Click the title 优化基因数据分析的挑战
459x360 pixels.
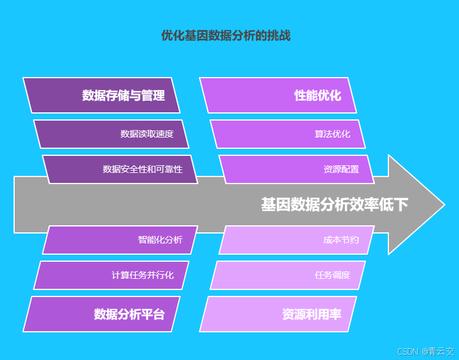point(226,36)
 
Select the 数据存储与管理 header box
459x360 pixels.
point(101,95)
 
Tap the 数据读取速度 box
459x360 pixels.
point(111,134)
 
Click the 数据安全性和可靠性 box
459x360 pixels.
point(120,169)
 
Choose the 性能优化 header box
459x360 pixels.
point(278,95)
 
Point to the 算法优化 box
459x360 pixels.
point(288,134)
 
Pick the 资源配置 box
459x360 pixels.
point(297,169)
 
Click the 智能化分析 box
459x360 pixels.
point(120,240)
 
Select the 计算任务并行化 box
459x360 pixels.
point(111,275)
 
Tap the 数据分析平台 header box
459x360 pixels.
point(101,314)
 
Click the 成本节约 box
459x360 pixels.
point(297,240)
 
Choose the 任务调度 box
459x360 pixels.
point(288,275)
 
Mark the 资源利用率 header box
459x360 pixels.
point(278,314)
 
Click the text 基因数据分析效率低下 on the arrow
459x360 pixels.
point(334,205)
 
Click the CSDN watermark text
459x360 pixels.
point(407,352)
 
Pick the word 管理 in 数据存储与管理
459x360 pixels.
point(153,95)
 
